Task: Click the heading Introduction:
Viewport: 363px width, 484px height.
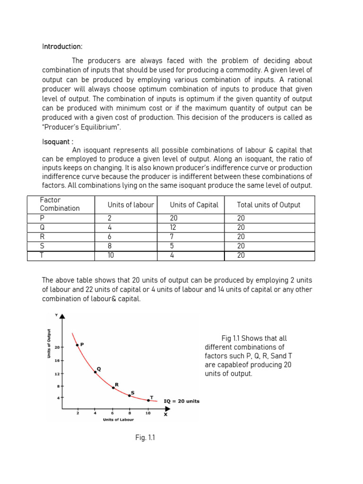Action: point(62,47)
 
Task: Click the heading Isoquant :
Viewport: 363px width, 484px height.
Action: point(57,141)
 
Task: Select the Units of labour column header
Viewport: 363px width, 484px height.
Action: point(130,205)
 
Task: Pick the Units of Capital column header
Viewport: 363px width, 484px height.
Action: point(194,205)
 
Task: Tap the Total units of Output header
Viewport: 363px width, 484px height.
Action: point(268,205)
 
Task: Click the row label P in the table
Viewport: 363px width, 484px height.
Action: point(42,218)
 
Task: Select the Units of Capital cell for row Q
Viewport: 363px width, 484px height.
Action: point(174,227)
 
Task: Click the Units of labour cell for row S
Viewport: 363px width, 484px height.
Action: point(110,246)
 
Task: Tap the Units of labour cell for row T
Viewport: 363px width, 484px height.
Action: point(111,255)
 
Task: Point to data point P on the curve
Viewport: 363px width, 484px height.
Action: point(77,345)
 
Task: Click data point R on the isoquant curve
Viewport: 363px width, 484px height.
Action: point(113,388)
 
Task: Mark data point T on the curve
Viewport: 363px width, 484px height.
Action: point(148,400)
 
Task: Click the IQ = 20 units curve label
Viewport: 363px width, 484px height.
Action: point(181,401)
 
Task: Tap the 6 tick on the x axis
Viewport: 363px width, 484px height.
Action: point(112,413)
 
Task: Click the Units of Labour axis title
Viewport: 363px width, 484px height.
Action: point(118,420)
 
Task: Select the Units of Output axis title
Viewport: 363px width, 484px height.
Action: point(49,343)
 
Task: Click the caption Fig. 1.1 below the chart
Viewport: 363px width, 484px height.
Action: point(145,438)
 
